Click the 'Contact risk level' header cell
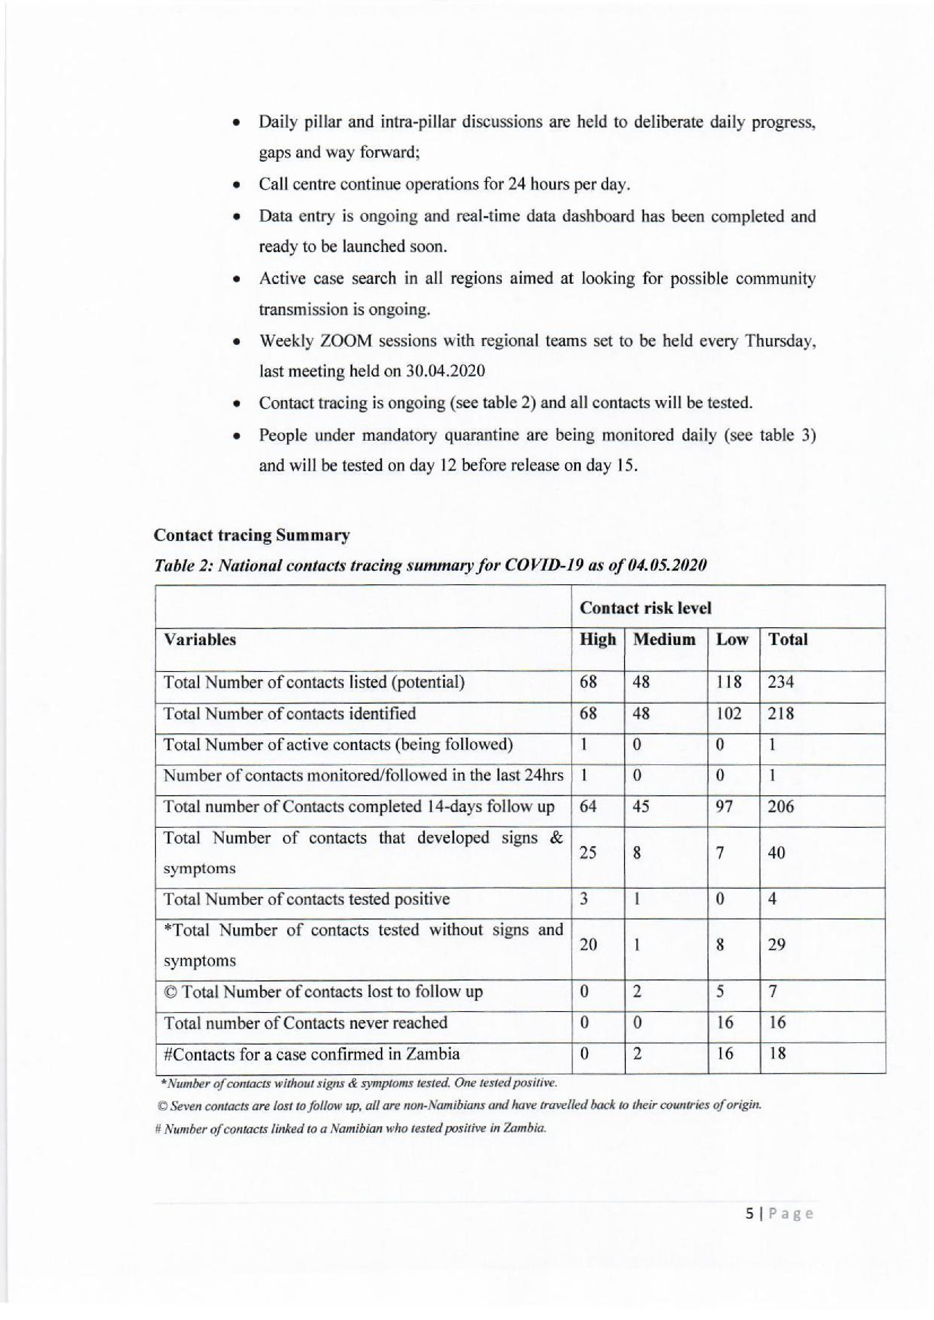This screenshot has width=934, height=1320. [x=645, y=608]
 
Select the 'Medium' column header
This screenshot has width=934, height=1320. [x=664, y=639]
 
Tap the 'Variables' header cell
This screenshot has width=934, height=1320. [x=200, y=640]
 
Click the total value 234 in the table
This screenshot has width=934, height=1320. [x=781, y=682]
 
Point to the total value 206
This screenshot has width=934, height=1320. [x=781, y=807]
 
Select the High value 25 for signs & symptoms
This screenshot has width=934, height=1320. [x=588, y=853]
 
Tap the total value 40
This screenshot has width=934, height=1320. [x=776, y=853]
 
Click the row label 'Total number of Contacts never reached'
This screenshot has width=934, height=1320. [x=305, y=1023]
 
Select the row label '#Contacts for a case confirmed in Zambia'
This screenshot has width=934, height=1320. [x=312, y=1054]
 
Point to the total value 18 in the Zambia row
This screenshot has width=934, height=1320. [x=777, y=1054]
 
